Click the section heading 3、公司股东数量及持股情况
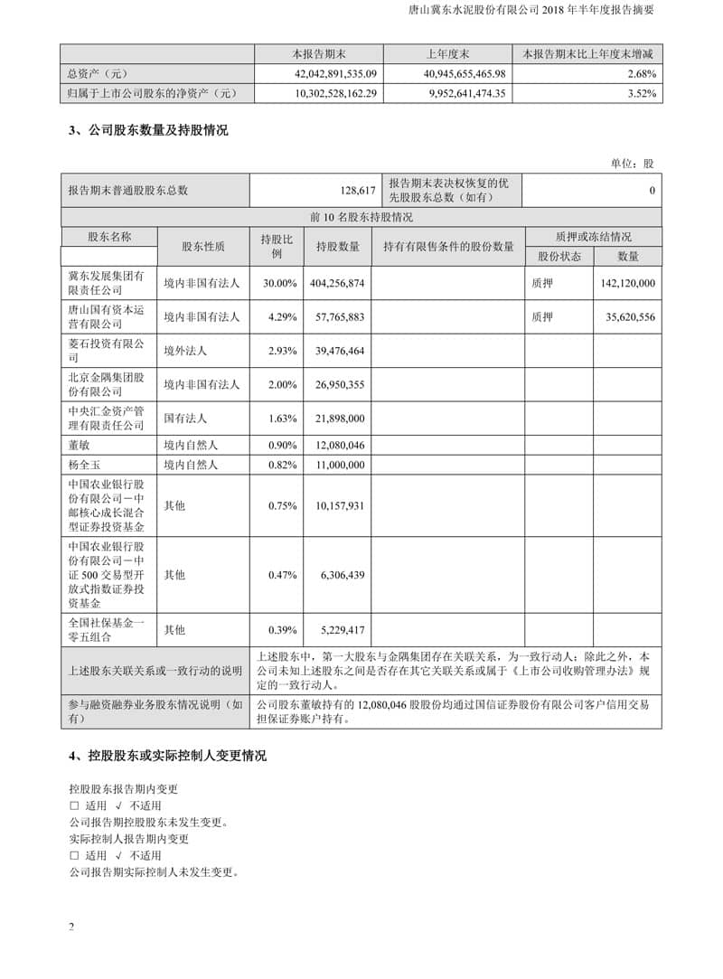pos(148,130)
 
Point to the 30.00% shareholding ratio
pos(280,283)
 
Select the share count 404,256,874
pos(335,283)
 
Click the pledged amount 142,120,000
pos(627,283)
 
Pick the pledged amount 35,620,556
pos(627,317)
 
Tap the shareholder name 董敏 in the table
pos(79,444)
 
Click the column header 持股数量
pos(338,247)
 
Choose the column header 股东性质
pos(203,246)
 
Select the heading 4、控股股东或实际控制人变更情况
pos(167,756)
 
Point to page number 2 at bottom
pos(71,927)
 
